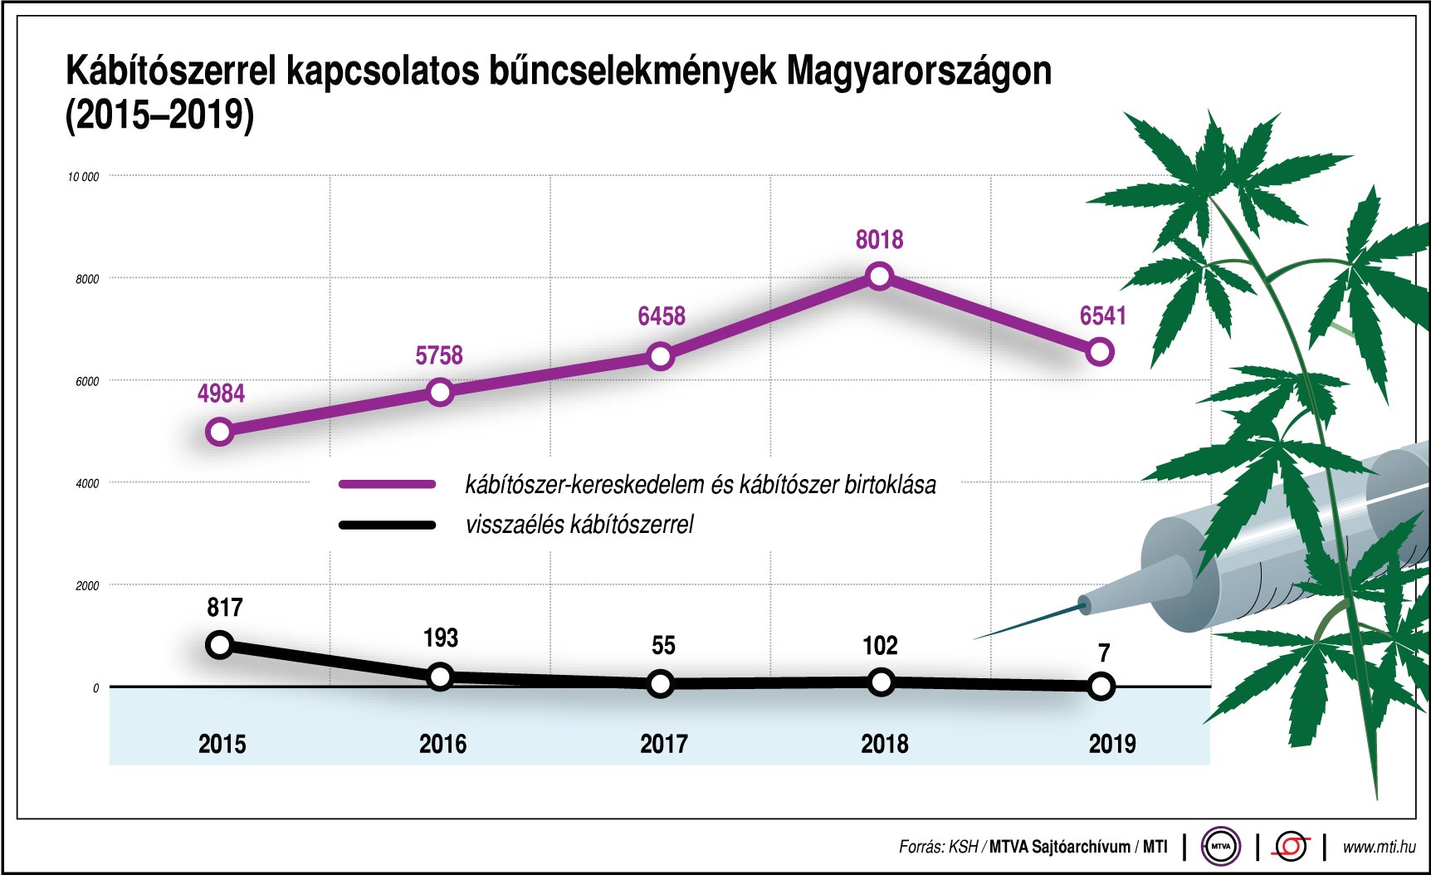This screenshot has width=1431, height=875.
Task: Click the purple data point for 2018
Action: (880, 276)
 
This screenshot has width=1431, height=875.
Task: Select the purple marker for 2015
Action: (220, 432)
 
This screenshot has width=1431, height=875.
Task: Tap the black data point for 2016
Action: (440, 677)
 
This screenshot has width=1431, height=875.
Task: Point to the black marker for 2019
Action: (1101, 687)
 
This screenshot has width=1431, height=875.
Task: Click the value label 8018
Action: (879, 240)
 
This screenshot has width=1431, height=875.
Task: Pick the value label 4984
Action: (221, 394)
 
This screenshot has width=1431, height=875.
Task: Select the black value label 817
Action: (225, 608)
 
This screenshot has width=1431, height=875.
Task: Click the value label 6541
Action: (1102, 316)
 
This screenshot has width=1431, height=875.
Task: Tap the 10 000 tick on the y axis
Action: (83, 177)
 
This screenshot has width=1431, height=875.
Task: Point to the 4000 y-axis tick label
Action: (87, 483)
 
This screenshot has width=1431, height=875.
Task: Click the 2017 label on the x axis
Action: (663, 744)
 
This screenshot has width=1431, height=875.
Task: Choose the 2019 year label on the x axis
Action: (1111, 744)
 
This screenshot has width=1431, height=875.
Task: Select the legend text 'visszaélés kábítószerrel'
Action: (579, 525)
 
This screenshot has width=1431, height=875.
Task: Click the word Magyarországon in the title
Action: (919, 72)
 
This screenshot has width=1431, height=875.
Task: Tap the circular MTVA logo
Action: (1220, 847)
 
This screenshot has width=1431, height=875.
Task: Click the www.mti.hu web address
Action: (1379, 847)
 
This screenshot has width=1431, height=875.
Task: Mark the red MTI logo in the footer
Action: (1292, 847)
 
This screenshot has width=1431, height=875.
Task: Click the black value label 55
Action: (663, 646)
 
